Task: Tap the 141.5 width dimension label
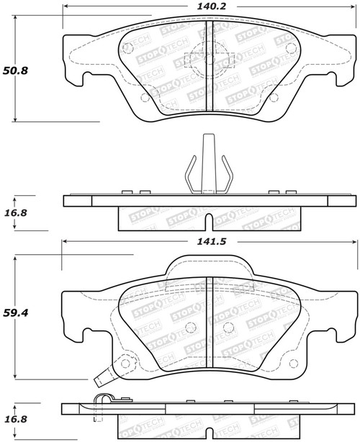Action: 208,243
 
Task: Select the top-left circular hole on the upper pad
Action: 127,49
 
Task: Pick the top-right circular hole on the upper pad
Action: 290,49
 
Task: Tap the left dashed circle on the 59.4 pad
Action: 191,328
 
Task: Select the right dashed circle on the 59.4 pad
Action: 228,328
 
